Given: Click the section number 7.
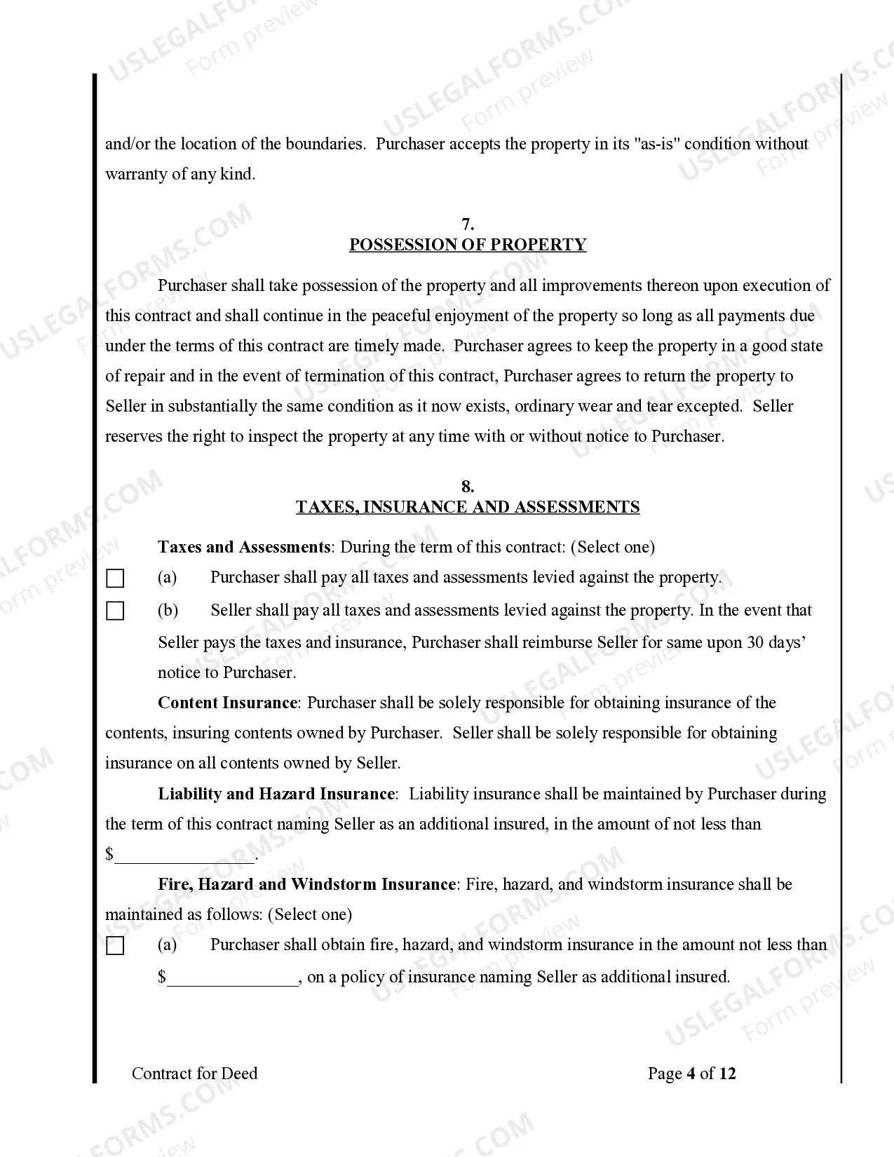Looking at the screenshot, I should click(468, 224).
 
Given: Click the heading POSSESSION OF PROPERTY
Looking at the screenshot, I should click(468, 245).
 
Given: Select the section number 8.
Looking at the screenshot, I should click(468, 487).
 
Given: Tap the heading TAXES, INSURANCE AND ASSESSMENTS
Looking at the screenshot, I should click(468, 507).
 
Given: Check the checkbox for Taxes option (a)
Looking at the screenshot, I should click(115, 579).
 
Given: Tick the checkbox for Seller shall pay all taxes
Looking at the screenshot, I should click(115, 611).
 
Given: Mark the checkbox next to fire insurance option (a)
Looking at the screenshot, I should click(115, 947).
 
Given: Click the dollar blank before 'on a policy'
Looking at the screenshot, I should click(233, 977).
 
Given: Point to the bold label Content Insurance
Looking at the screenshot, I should click(228, 703).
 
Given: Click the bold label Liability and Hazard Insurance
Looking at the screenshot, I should click(277, 794).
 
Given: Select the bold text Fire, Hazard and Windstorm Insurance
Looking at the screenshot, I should click(306, 884).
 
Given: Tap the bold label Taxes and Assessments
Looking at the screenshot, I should click(243, 547).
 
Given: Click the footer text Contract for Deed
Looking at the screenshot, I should click(194, 1074).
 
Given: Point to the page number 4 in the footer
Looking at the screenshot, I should click(691, 1074).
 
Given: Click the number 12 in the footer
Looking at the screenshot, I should click(727, 1074).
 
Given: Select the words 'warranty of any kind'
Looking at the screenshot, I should click(180, 175).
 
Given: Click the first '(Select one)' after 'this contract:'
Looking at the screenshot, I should click(612, 547).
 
